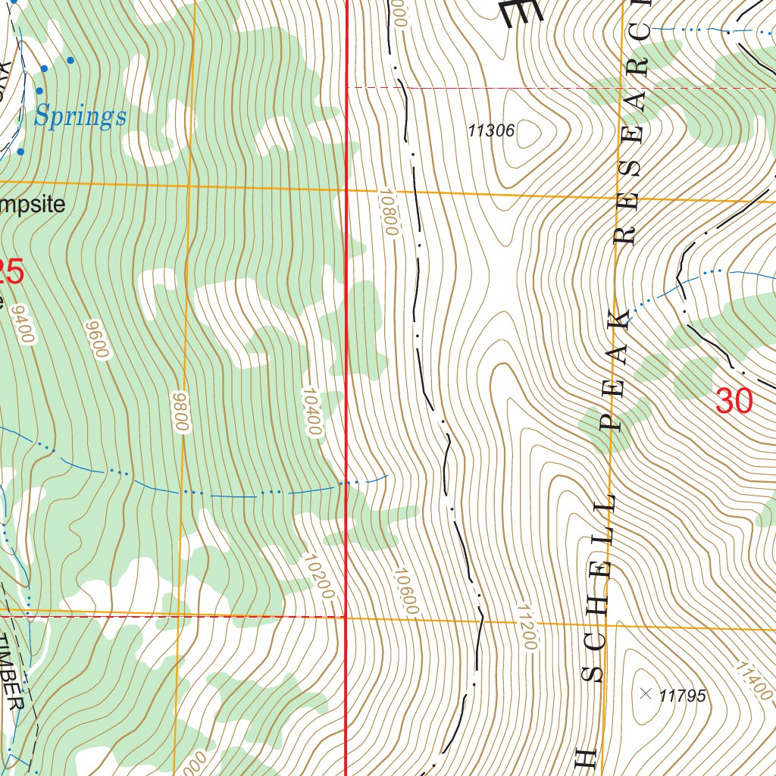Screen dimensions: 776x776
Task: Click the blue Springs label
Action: point(80,117)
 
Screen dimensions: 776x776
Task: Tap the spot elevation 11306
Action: point(491,131)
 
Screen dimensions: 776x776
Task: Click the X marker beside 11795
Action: point(646,693)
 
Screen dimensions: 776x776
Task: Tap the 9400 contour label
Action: point(23,324)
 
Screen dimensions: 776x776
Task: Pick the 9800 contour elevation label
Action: point(180,413)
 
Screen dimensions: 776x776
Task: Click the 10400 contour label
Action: point(311,411)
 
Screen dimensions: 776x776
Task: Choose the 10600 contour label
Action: point(406,591)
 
